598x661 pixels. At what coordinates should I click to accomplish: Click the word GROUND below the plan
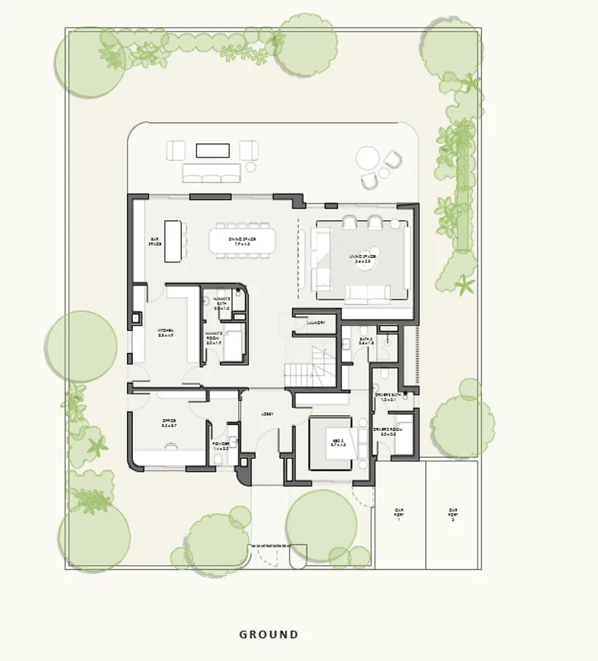point(269,634)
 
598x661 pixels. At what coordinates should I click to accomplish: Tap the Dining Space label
point(241,242)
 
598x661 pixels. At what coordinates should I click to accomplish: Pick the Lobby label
point(267,414)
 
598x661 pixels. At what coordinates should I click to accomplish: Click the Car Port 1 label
point(399,514)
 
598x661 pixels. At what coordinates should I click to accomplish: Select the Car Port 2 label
point(453,514)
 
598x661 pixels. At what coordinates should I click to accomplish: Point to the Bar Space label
point(156,242)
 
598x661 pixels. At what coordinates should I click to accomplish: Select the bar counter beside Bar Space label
point(173,241)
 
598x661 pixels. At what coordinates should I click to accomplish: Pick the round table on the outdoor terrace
point(367,158)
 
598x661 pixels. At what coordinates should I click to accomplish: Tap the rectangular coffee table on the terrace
point(213,150)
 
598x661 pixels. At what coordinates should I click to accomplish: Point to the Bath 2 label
point(365,342)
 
